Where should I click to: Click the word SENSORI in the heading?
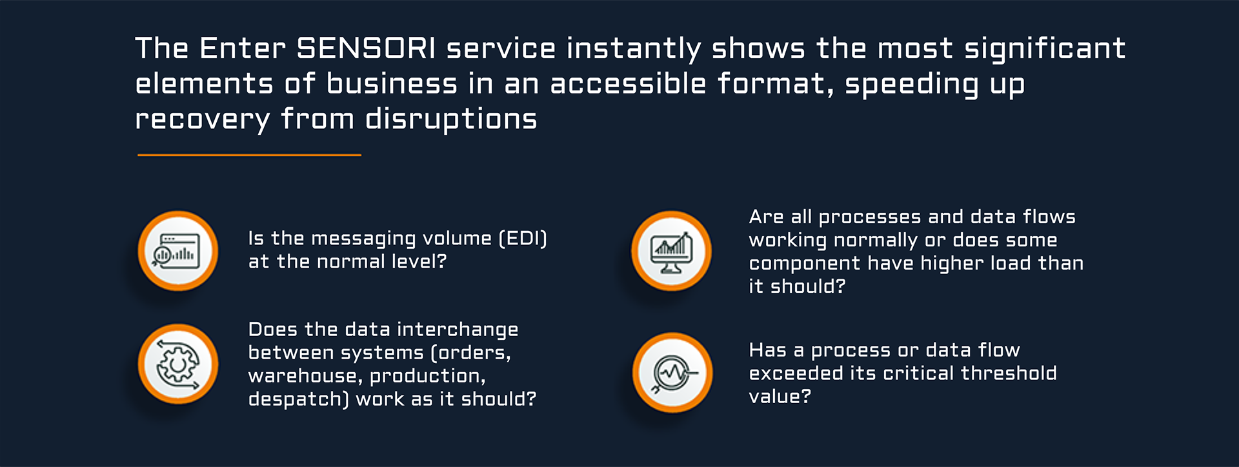(x=367, y=48)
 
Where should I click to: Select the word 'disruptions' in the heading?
(x=451, y=119)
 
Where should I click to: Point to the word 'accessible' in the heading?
(x=628, y=84)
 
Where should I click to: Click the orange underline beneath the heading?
(x=249, y=155)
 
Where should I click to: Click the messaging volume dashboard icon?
(x=177, y=251)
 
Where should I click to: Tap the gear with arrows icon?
(x=177, y=364)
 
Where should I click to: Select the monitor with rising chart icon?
(x=671, y=251)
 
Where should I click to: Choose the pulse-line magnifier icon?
(x=672, y=373)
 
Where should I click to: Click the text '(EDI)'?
(x=523, y=239)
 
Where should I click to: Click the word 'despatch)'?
(x=298, y=400)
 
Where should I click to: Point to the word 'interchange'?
(x=458, y=330)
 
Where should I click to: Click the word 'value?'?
(x=780, y=396)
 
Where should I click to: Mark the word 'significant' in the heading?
(x=1045, y=49)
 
